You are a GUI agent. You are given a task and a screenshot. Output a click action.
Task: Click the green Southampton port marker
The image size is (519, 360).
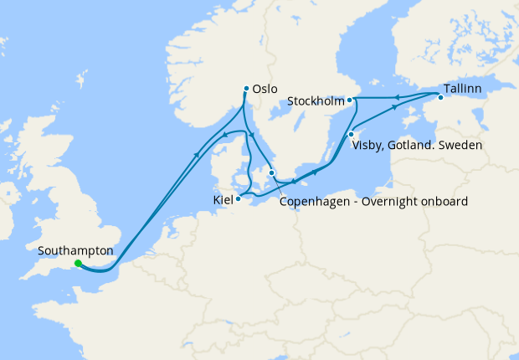[x=78, y=264]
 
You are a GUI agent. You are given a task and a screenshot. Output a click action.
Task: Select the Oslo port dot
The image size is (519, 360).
[x=245, y=89]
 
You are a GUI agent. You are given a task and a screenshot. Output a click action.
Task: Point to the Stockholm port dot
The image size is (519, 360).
[x=352, y=100]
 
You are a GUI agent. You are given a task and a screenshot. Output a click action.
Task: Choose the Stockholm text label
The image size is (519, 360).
[x=316, y=100]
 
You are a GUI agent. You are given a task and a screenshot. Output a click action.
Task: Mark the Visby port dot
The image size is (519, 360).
[x=352, y=135]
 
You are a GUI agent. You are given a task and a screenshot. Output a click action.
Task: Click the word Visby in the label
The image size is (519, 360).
[x=367, y=146]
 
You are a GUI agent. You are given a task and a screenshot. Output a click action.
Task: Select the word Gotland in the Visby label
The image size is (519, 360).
[x=411, y=146]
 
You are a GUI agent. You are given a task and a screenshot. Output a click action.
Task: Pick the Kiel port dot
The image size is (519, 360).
[x=239, y=198]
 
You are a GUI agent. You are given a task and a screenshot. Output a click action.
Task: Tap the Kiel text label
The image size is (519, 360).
[x=223, y=202]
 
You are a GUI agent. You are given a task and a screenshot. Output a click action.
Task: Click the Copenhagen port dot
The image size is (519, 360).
[x=271, y=173]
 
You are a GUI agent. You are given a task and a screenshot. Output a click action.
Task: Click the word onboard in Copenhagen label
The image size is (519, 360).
[x=444, y=202]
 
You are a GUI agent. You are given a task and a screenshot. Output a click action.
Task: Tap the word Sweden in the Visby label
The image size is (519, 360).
[x=461, y=146]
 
